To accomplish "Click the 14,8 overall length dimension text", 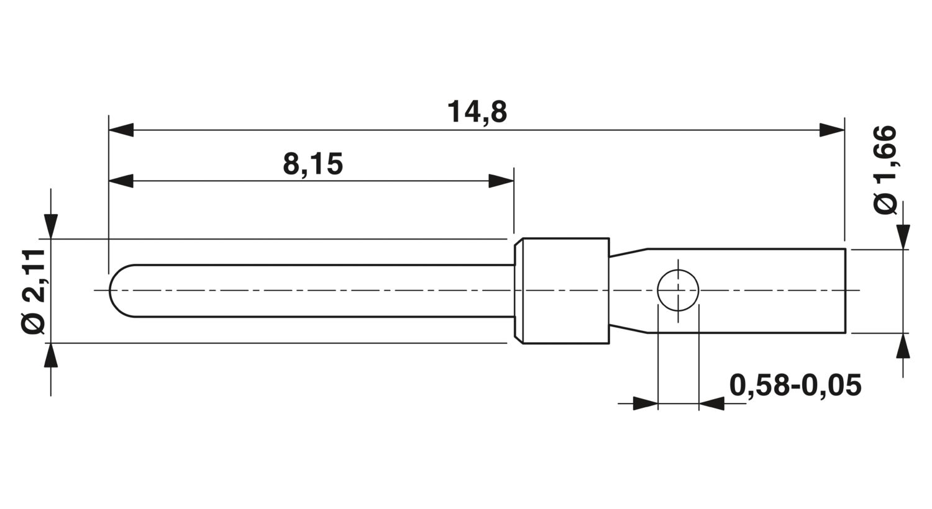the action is pos(477,112).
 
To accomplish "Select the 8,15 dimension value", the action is pos(313,164).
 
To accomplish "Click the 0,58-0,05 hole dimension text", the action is pos(795,385).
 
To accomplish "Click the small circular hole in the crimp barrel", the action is pos(678,290).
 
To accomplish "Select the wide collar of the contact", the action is pos(562,291).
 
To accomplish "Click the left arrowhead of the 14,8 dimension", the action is pos(121,130).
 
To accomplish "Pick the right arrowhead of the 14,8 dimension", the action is pos(832,130).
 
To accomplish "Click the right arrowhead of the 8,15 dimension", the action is pos(501,181).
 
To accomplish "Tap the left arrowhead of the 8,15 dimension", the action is pos(121,181).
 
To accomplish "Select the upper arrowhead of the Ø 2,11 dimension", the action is pos(51,227).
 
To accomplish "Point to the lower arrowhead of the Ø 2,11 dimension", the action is pos(51,356).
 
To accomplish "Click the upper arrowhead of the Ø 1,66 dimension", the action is pos(903,237).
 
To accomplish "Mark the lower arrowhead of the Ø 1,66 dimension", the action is pos(903,346).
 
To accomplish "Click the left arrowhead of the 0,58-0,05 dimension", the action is pos(646,403).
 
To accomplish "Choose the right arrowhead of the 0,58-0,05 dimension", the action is pos(711,403).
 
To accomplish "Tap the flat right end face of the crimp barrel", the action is pos(846,291).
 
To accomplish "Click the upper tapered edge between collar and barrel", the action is pos(629,252).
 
